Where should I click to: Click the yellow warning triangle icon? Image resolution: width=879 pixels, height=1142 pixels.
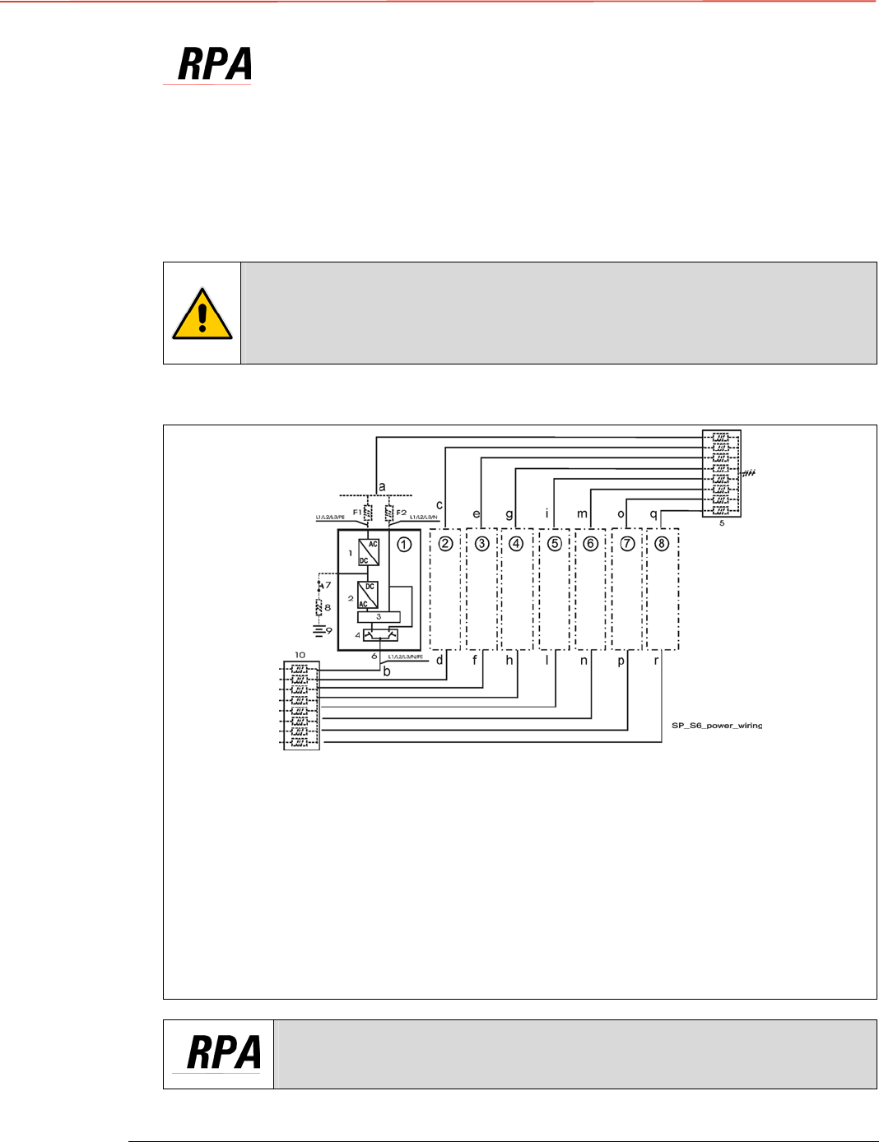(x=202, y=313)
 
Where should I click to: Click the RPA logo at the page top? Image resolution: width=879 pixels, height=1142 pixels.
(x=214, y=64)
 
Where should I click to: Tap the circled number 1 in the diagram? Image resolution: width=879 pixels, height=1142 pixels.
(x=404, y=544)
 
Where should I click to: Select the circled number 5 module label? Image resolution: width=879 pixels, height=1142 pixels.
(x=555, y=544)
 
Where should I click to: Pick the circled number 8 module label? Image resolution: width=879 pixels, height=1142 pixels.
(x=662, y=544)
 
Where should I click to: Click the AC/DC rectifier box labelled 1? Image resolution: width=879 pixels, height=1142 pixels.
(x=368, y=552)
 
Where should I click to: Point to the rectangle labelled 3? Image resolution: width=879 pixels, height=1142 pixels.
(x=379, y=616)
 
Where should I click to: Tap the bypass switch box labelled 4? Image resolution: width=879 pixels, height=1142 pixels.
(x=380, y=634)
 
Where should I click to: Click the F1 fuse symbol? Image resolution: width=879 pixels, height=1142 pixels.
(x=369, y=513)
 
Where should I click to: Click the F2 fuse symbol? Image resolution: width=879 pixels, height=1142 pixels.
(x=388, y=513)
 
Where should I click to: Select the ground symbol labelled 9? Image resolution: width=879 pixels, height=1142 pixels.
(x=319, y=631)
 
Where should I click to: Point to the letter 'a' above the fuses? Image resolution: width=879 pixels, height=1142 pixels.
(x=382, y=487)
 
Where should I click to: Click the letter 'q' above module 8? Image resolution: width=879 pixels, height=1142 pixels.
(x=653, y=514)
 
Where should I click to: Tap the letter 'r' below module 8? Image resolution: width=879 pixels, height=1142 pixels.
(x=656, y=660)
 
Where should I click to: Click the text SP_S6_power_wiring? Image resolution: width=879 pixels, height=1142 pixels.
(x=717, y=726)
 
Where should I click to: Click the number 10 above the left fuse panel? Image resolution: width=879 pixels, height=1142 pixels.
(x=300, y=655)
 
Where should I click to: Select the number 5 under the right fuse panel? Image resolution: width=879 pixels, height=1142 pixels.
(x=722, y=523)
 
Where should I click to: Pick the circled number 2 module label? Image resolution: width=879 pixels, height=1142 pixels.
(x=445, y=544)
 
